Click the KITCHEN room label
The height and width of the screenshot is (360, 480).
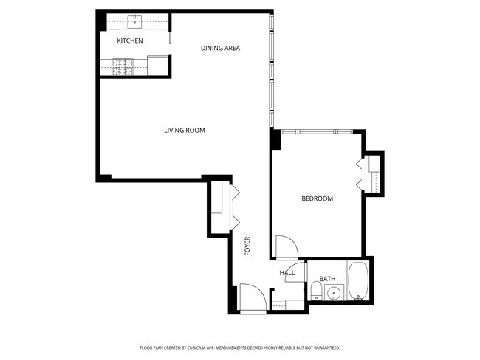[x=129, y=41]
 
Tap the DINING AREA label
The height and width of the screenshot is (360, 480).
[x=220, y=49]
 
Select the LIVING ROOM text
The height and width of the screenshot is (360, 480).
[x=184, y=131]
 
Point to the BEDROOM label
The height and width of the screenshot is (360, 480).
[x=317, y=198]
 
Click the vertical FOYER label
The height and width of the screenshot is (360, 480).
[x=247, y=246]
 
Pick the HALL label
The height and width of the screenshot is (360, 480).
[x=287, y=273]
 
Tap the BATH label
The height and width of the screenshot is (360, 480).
[x=327, y=279]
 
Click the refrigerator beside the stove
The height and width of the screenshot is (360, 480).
[x=157, y=65]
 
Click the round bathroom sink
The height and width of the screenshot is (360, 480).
[x=334, y=294]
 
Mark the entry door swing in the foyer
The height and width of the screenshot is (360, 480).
[x=251, y=298]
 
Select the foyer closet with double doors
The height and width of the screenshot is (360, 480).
[x=219, y=207]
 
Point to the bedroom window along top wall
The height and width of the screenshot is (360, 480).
[x=318, y=131]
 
